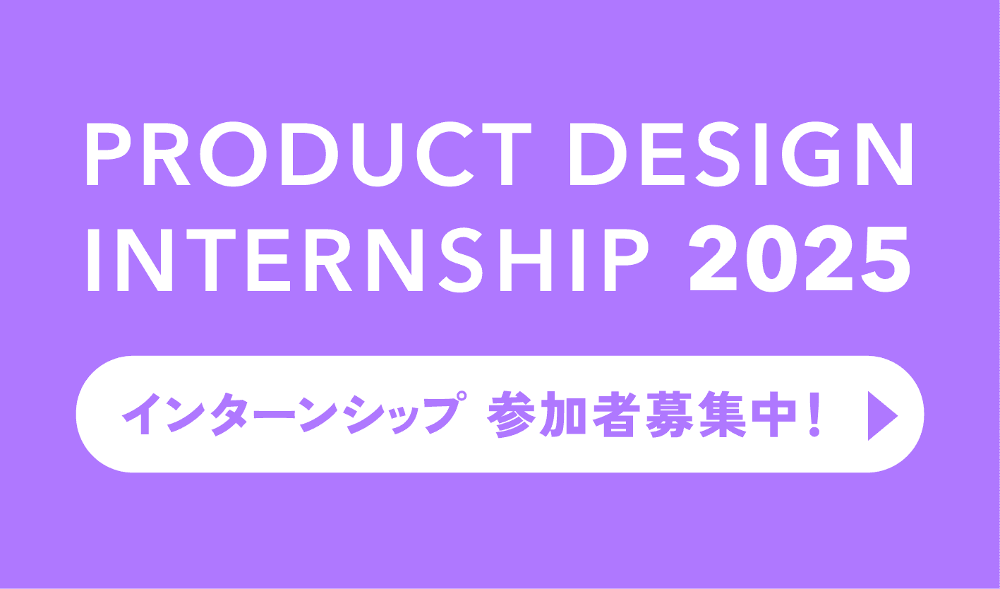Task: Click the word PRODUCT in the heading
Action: point(309,154)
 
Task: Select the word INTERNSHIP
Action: point(368,260)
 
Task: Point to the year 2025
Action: point(800,259)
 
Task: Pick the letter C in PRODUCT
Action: point(445,154)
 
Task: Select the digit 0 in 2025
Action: point(772,259)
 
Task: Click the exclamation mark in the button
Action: point(814,415)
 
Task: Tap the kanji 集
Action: point(723,415)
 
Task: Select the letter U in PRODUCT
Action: point(378,155)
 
